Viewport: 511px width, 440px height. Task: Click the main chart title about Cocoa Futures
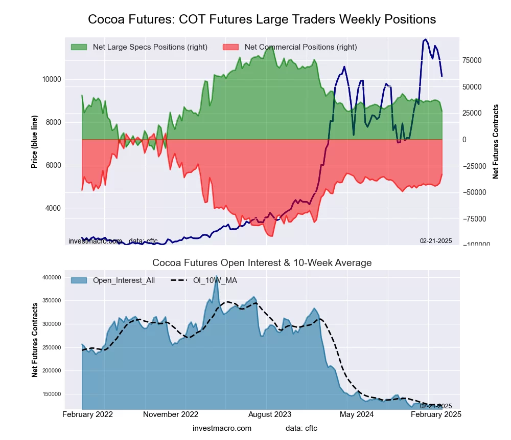pyautogui.click(x=262, y=19)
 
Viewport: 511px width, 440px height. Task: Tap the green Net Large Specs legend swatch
pyautogui.click(x=79, y=47)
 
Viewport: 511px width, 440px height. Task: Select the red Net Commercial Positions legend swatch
pyautogui.click(x=231, y=47)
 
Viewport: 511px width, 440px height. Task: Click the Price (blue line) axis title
pyautogui.click(x=34, y=142)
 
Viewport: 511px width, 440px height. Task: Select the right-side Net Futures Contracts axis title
pyautogui.click(x=496, y=142)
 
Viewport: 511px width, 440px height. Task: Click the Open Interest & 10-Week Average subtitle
pyautogui.click(x=262, y=263)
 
